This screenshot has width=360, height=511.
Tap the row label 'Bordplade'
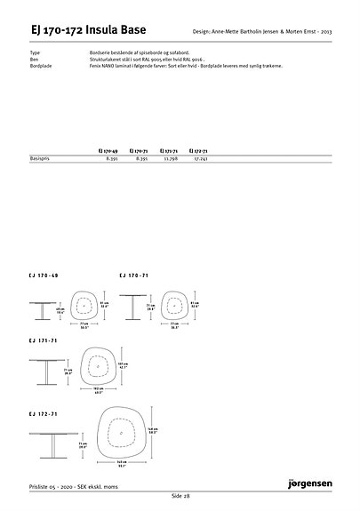pyautogui.click(x=41, y=65)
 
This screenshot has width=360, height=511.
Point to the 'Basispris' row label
pyautogui.click(x=41, y=160)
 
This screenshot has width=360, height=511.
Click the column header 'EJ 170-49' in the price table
pyautogui.click(x=109, y=152)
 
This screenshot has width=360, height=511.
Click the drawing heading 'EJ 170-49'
pyautogui.click(x=44, y=276)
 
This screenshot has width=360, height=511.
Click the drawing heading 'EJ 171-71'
pyautogui.click(x=44, y=340)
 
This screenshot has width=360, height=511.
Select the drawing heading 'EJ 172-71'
pyautogui.click(x=44, y=413)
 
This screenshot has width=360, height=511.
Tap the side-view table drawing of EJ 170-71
pyautogui.click(x=135, y=306)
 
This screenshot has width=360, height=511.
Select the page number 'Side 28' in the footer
pyautogui.click(x=180, y=494)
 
